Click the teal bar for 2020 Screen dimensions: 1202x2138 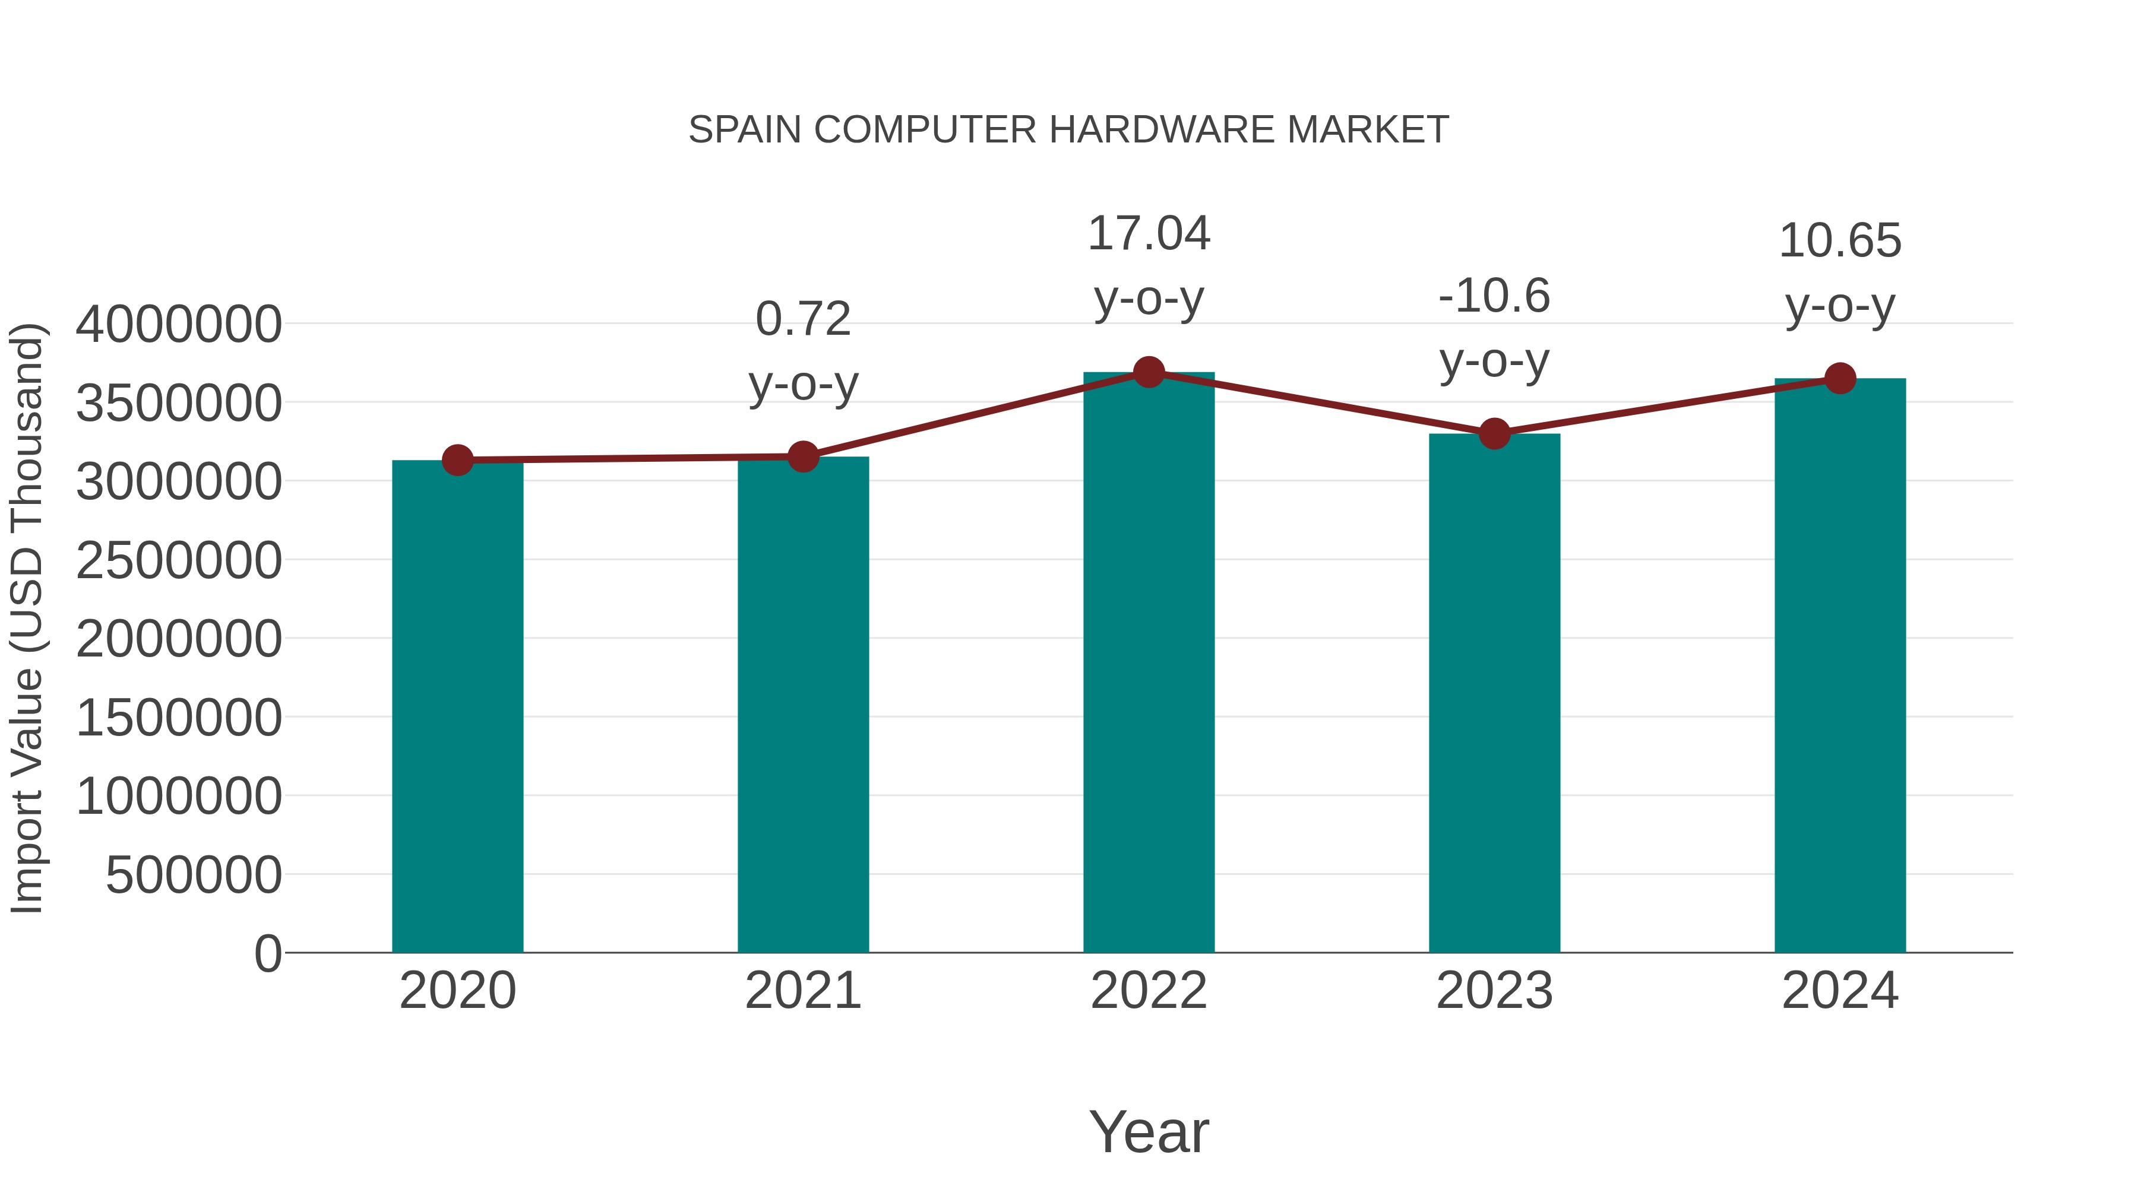tap(457, 705)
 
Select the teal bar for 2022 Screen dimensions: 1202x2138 tap(1149, 664)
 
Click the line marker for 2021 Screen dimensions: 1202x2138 tap(802, 456)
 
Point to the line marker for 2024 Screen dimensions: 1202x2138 tap(1840, 378)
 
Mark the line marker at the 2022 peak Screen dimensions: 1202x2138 tap(1149, 372)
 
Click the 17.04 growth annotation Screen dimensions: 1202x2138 tap(1149, 234)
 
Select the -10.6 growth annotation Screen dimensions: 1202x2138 tap(1494, 296)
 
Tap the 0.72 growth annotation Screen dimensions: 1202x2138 tap(802, 319)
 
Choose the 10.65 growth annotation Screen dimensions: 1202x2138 tap(1840, 242)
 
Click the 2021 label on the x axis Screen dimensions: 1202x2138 tap(802, 991)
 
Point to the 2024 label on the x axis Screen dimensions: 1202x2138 tap(1840, 991)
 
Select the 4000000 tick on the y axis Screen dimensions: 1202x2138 tap(178, 324)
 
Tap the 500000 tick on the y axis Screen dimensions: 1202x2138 tap(194, 874)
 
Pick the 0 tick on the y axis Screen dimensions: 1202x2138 tap(267, 953)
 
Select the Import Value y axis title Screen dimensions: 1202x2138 tap(27, 618)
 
